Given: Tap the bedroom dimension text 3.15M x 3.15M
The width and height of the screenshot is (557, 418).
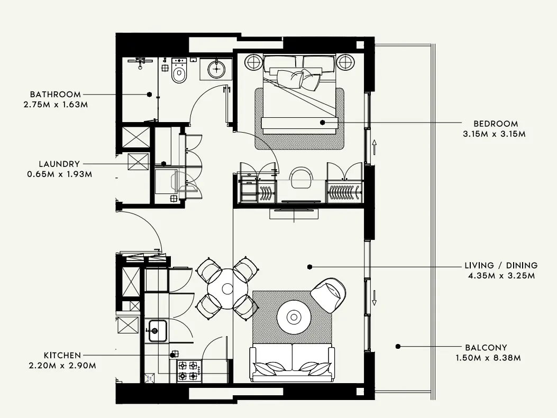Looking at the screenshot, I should [x=494, y=134].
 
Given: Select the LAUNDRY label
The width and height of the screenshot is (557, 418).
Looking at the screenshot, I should [x=59, y=164].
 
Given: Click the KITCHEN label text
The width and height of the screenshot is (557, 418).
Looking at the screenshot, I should [x=62, y=355].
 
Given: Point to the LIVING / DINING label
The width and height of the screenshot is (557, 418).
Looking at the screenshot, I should [x=501, y=265].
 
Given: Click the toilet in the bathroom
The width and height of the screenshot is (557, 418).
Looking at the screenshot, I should [x=179, y=73].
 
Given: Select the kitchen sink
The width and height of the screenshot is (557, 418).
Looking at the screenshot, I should [x=157, y=330].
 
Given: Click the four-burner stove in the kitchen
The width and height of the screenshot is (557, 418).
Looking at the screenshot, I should [x=188, y=370].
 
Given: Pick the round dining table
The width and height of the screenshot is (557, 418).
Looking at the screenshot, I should [x=227, y=289].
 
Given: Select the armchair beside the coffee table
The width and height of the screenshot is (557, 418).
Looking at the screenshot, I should [x=329, y=294].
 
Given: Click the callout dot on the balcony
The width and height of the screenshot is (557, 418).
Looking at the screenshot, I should [x=398, y=347].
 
